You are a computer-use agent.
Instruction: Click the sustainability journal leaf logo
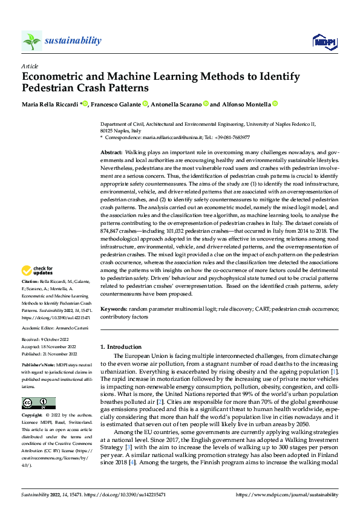pyautogui.click(x=32, y=41)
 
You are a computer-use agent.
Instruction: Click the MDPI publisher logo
pyautogui.click(x=323, y=41)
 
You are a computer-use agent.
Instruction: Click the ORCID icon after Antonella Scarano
pyautogui.click(x=206, y=104)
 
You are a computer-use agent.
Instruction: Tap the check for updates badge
pyautogui.click(x=38, y=270)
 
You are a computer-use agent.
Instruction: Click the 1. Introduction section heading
pyautogui.click(x=121, y=347)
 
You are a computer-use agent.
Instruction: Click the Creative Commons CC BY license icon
pyautogui.click(x=38, y=403)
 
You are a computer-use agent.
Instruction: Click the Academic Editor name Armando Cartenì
pyautogui.click(x=73, y=327)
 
